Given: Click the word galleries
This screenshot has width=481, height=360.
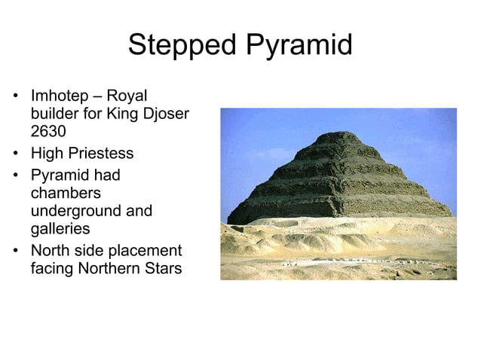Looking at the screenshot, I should click(x=59, y=229).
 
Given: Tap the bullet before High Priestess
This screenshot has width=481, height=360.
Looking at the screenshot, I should click(x=15, y=154).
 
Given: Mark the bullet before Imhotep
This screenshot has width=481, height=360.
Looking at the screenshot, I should click(x=15, y=98).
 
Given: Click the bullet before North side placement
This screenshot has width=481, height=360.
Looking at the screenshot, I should click(x=15, y=250).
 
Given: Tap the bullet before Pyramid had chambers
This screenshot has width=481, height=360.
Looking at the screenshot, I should click(x=15, y=175).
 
